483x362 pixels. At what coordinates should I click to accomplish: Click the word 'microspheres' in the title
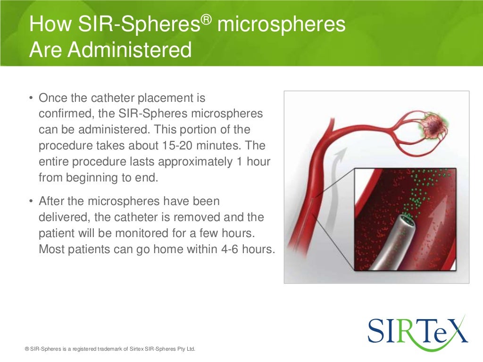pyautogui.click(x=282, y=25)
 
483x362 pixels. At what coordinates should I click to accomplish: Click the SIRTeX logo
pyautogui.click(x=417, y=330)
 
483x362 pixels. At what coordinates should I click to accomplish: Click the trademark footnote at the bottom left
pyautogui.click(x=109, y=349)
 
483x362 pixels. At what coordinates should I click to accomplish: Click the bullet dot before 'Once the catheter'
pyautogui.click(x=31, y=99)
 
